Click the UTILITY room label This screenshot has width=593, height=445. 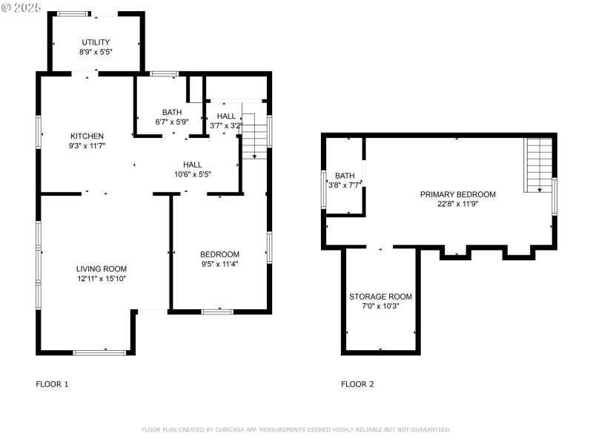pos(95,42)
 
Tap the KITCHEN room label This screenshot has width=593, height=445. pos(87,136)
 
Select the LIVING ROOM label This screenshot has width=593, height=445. pos(101,268)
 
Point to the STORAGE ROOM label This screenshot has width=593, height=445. pos(380,297)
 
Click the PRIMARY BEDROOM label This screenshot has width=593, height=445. pos(457,194)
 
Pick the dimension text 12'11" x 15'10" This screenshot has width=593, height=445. pos(101,279)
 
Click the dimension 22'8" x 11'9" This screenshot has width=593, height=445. pos(457,204)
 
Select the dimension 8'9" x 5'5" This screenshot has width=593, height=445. pos(95,53)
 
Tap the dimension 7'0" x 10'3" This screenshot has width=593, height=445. pos(380,306)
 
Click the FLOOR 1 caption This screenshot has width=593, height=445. pos(52,384)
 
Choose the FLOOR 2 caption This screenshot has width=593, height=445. pos(357,384)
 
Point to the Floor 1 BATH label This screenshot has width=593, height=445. pos(172,112)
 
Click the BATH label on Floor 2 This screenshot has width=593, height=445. pos(345,176)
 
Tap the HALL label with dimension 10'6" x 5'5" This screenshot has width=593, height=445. pos(193,165)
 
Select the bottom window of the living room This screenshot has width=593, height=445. pos(99,352)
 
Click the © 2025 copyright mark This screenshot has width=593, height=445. pos(22,7)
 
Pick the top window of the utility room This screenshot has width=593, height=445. pos(72,13)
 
